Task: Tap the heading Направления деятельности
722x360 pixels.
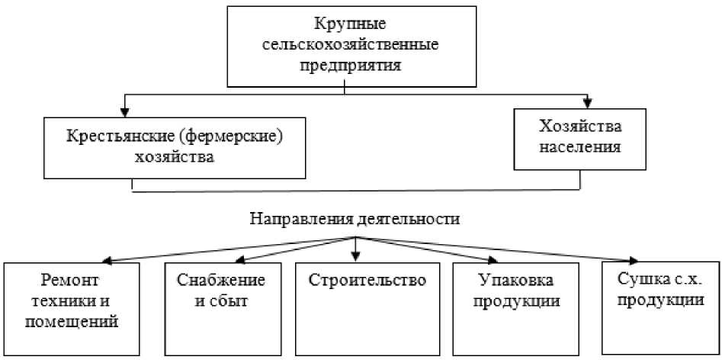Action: coord(355,219)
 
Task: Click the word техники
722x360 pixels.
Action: coord(63,300)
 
